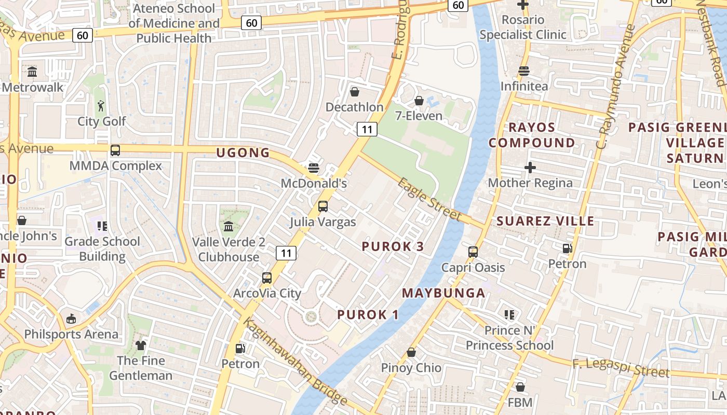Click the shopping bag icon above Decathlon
[355, 92]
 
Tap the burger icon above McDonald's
[313, 168]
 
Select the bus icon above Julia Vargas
[323, 206]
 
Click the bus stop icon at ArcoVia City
[267, 278]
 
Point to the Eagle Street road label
[430, 199]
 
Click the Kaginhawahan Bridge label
[295, 361]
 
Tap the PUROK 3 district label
[393, 246]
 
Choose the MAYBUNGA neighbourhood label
[444, 293]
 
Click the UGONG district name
[243, 153]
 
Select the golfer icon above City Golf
[101, 106]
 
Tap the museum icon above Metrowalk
[32, 72]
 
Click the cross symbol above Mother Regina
[530, 168]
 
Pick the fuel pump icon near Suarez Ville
[567, 248]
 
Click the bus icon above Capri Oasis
[473, 252]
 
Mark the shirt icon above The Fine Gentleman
[141, 345]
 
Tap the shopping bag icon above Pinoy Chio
[411, 353]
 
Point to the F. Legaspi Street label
[621, 368]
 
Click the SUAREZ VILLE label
[545, 221]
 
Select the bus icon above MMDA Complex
[115, 150]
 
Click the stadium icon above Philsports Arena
[71, 319]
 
